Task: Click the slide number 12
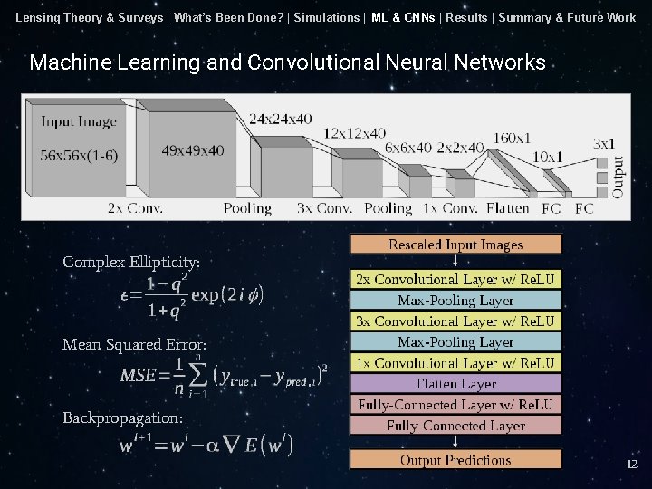pos(632,464)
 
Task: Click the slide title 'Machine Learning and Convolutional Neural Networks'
pos(287,62)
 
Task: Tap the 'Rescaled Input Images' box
pos(455,244)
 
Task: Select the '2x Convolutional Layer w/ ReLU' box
pos(455,279)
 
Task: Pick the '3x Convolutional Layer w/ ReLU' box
pos(455,321)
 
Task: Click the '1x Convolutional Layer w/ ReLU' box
pos(455,363)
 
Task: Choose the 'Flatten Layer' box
pos(455,384)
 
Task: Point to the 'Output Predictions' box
pos(455,460)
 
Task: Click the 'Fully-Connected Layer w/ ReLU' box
pos(455,404)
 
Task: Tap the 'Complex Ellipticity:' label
pos(131,262)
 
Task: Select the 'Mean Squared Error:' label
pos(134,344)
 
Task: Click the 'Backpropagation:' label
pos(122,417)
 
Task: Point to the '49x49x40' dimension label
pos(193,150)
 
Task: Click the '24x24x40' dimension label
pos(280,119)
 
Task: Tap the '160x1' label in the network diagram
pos(512,138)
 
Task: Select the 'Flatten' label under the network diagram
pos(507,208)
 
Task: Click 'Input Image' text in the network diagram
pos(79,121)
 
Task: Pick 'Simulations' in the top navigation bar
pos(327,17)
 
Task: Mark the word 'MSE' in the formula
pos(139,376)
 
